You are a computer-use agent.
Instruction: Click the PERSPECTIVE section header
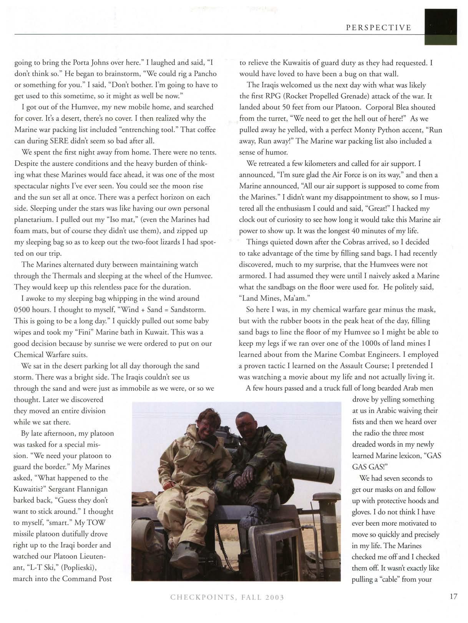378,27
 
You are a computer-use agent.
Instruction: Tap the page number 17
453,596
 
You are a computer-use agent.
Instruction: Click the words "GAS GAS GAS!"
396,461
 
